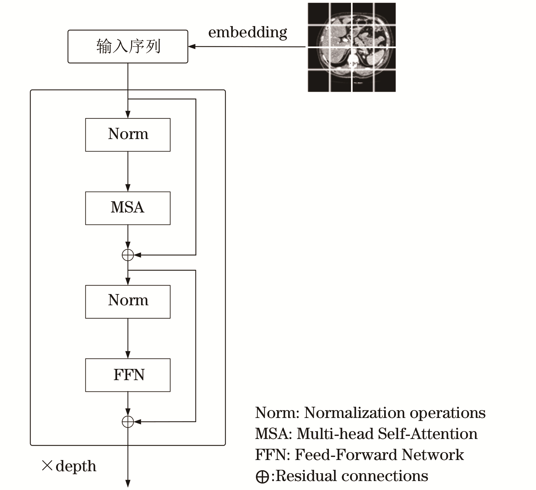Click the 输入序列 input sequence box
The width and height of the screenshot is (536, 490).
(x=128, y=47)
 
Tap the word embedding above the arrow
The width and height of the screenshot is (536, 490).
(x=248, y=33)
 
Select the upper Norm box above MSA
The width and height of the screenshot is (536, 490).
(x=128, y=135)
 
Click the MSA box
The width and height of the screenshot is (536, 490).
(x=128, y=208)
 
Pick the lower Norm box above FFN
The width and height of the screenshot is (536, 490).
(x=128, y=302)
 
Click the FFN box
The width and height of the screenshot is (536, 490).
(x=128, y=375)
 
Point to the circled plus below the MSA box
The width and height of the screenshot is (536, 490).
(x=128, y=255)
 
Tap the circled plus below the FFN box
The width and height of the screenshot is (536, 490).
(x=128, y=422)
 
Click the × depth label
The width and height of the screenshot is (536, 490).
(x=69, y=466)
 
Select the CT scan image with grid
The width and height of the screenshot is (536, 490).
(x=352, y=47)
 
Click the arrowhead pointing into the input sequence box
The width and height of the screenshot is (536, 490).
(x=192, y=47)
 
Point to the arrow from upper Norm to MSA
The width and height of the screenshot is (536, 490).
(x=128, y=172)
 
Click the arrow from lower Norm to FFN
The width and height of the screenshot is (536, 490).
(x=128, y=338)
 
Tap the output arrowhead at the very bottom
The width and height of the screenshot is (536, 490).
(x=128, y=483)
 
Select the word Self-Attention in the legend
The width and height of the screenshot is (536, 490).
(x=428, y=434)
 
